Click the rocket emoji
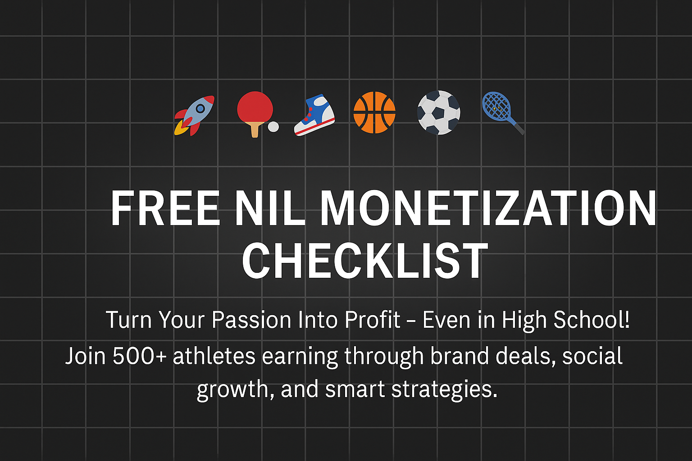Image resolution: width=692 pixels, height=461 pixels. click(x=195, y=115)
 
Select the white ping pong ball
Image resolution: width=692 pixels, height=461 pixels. click(x=273, y=127)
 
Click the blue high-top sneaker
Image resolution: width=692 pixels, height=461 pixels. click(x=315, y=115)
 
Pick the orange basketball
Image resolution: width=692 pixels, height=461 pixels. click(x=374, y=113)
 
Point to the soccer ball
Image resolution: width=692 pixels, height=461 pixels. click(x=438, y=113)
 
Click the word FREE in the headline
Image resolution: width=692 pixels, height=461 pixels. click(x=165, y=208)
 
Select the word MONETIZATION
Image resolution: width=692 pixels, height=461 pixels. click(x=488, y=208)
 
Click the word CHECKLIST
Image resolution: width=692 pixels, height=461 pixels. click(x=365, y=261)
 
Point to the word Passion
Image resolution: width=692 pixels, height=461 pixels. click(x=251, y=320)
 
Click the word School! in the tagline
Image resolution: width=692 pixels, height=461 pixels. click(x=591, y=320)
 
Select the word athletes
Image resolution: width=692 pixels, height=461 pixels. click(x=214, y=356)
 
